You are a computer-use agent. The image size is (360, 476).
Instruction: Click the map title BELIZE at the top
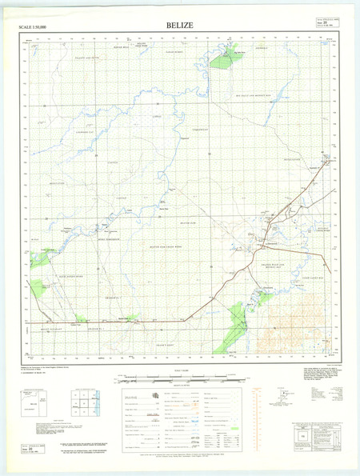pos(179,26)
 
